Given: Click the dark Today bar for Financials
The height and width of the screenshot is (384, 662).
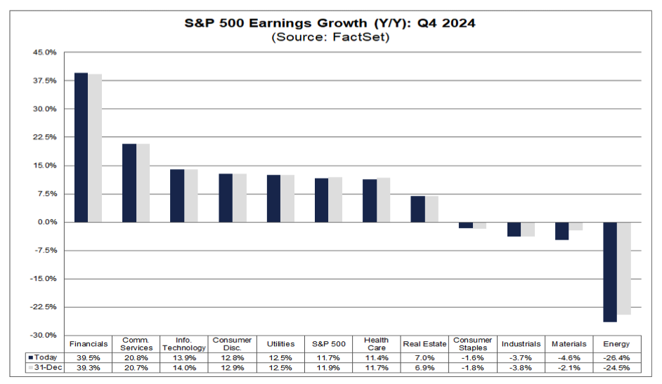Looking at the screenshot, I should coord(81,147).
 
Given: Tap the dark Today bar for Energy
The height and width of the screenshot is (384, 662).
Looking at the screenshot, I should coord(609,272).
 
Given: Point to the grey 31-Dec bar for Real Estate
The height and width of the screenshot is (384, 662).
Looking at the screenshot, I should coord(431,209).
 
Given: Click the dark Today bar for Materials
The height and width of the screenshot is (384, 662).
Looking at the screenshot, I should coord(562,231).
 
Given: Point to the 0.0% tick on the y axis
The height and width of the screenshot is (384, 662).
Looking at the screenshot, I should coord(46,222).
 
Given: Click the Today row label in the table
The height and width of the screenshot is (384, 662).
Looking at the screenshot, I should coord(44,357).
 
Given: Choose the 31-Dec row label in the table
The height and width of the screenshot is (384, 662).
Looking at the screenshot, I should coord(44,367).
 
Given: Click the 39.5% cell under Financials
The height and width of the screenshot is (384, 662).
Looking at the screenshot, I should coord(89,357).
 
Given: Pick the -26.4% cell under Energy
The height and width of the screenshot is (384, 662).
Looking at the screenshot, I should coord(616,357).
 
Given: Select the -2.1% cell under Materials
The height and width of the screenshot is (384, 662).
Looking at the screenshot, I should coord(569,367).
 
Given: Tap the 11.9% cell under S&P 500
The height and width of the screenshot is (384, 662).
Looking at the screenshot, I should coord(328,367).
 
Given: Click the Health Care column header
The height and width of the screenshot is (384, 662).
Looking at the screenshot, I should coord(377,344).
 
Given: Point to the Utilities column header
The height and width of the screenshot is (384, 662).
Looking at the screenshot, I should coord(280,344).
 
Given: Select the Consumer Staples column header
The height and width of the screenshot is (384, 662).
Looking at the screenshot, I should coord(472,344).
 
